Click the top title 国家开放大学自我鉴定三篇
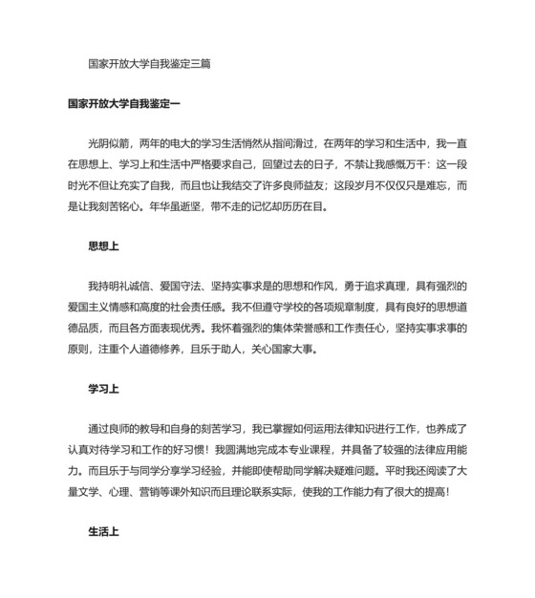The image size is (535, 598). [148, 64]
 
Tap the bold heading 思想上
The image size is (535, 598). [103, 246]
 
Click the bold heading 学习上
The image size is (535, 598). [103, 389]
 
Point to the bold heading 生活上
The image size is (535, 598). [103, 532]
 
